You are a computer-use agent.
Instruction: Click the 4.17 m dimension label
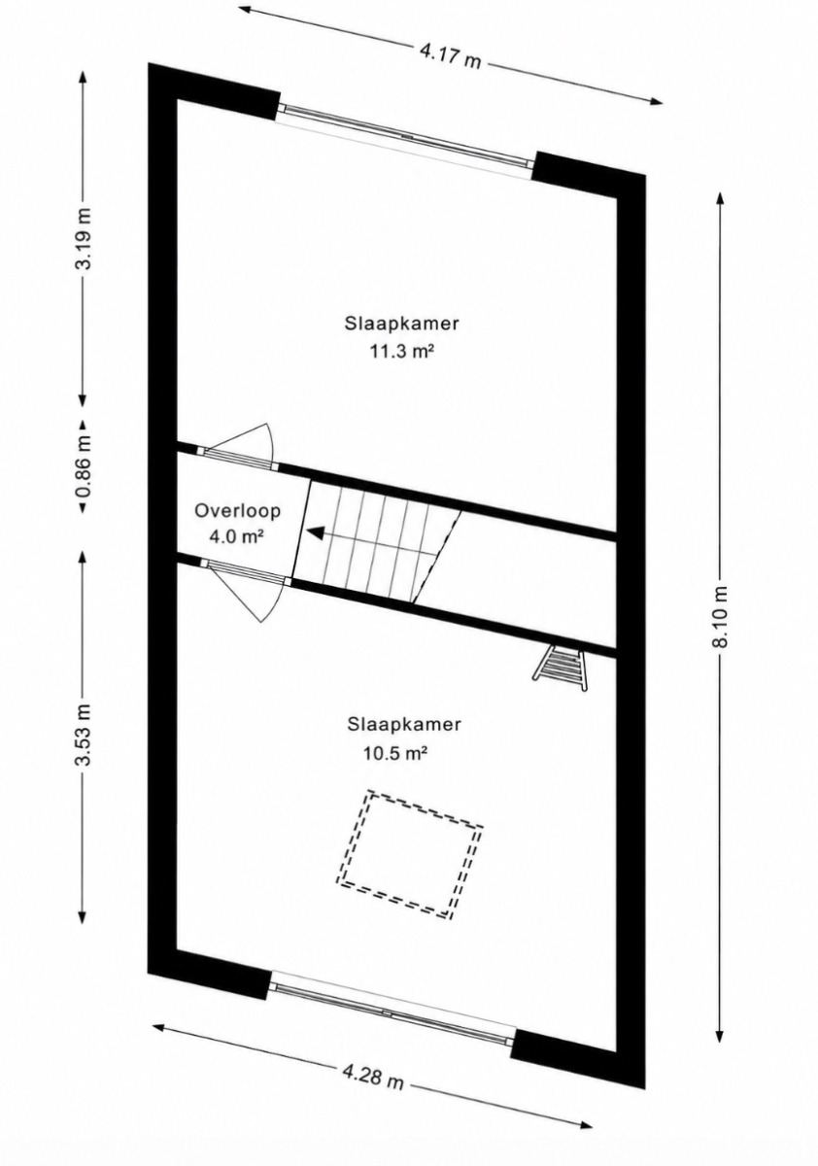[450, 56]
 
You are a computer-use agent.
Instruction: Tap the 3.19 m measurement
[83, 238]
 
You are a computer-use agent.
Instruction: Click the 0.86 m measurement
[83, 464]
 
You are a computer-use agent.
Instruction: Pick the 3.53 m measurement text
[83, 734]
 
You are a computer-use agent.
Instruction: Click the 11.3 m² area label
[402, 352]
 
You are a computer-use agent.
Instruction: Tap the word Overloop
[237, 510]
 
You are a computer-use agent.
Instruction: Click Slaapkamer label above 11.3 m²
[402, 324]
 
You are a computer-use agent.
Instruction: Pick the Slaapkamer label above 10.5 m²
[404, 724]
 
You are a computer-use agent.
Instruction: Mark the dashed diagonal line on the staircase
[437, 557]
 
